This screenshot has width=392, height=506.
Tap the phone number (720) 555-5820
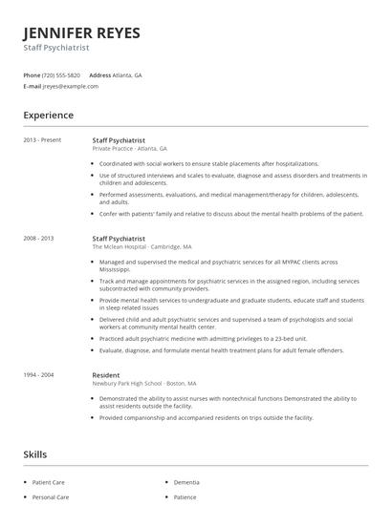tap(62, 74)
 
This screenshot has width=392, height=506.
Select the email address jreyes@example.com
tap(71, 86)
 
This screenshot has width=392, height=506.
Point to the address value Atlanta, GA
tap(127, 74)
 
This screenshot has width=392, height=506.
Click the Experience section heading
tap(49, 116)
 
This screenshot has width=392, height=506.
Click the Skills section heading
tap(35, 454)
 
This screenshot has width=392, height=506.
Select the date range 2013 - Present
tap(42, 140)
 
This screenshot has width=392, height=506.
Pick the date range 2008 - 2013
tap(39, 238)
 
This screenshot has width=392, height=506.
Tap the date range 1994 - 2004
tap(39, 375)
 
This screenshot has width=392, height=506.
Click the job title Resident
tap(106, 375)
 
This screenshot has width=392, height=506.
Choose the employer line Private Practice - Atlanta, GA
tap(130, 149)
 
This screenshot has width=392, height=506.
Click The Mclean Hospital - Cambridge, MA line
tap(142, 246)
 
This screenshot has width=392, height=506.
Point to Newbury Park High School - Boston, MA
tap(144, 384)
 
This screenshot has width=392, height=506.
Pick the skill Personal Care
tap(51, 497)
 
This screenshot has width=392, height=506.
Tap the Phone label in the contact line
tap(32, 74)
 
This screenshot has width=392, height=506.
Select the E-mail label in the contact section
tap(33, 86)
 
